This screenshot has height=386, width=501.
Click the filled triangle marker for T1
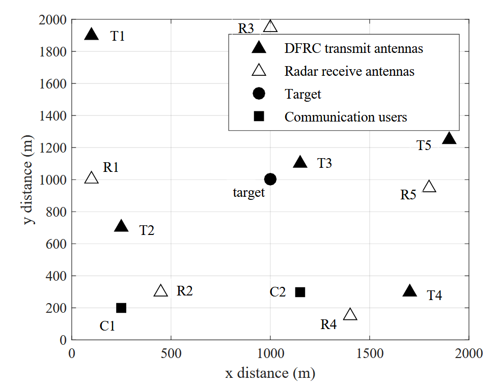(x=92, y=35)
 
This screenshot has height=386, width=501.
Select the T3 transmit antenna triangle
(x=300, y=163)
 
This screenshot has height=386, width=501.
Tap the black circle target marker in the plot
(x=270, y=179)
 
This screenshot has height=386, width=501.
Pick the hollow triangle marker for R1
(x=92, y=178)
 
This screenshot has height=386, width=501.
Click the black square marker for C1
(x=121, y=308)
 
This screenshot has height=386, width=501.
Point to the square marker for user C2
(x=300, y=292)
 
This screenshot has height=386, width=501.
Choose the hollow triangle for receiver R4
(x=350, y=315)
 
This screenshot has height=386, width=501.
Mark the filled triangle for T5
(x=449, y=138)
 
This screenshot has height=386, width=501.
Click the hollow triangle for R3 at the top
(x=270, y=27)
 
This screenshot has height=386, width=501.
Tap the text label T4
(x=434, y=295)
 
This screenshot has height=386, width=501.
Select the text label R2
(x=185, y=291)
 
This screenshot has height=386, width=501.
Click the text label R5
(x=408, y=195)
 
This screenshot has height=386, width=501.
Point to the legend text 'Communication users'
(x=346, y=117)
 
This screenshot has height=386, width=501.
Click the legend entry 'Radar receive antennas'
(x=349, y=71)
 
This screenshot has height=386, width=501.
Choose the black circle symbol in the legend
(x=259, y=94)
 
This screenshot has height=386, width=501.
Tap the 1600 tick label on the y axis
(x=53, y=84)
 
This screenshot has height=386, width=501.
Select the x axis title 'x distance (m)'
(x=270, y=374)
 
